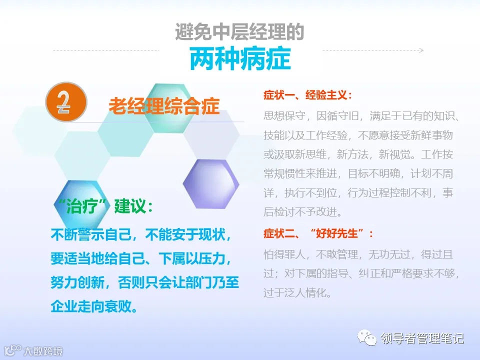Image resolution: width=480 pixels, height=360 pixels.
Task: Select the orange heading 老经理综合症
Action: coord(164,106)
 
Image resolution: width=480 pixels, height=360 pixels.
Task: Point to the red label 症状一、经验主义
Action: coord(307,95)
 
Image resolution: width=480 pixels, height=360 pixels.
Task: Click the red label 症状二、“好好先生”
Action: coord(318,233)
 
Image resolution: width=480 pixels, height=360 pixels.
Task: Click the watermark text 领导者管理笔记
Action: coord(422,339)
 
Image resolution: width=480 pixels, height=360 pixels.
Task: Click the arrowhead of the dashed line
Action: coord(421,50)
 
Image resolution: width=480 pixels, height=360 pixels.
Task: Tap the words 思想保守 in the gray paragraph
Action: coord(281,116)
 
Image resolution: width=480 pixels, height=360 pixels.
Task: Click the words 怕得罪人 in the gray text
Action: coord(281,254)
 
